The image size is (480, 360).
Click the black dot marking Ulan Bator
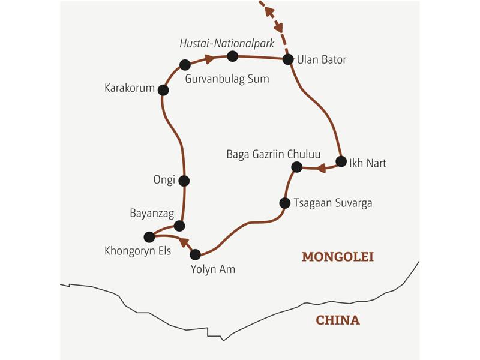pos(288,59)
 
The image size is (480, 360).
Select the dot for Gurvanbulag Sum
pos(185,65)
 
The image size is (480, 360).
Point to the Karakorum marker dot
pos(163,90)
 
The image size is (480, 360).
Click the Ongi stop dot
pos(184,181)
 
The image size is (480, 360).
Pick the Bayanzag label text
pos(150,213)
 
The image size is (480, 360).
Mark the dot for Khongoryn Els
pos(149,237)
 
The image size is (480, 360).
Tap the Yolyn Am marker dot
pos(195,254)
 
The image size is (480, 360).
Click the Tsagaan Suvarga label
pos(333,203)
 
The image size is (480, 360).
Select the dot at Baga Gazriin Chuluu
pos(296,167)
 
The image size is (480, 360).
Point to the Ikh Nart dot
pos(341,161)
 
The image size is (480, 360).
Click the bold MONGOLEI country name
pos(337,257)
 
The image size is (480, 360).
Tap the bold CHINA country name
pos(338,320)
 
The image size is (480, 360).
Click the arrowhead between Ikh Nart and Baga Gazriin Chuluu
pos(321,168)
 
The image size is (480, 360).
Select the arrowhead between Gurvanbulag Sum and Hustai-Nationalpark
pos(209,59)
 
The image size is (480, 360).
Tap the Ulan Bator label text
pos(322,59)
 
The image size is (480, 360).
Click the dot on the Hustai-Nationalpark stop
pos(233,56)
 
